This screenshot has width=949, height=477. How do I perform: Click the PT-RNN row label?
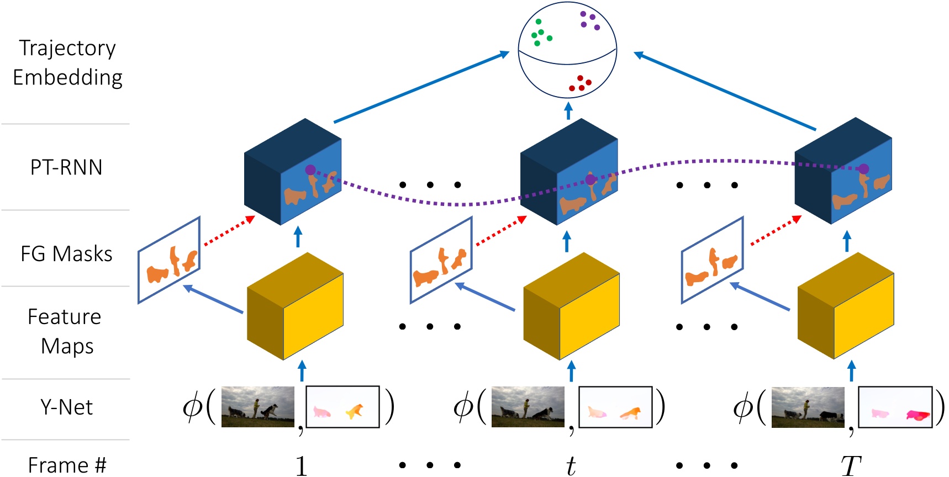point(66,167)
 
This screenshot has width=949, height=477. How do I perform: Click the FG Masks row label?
point(66,254)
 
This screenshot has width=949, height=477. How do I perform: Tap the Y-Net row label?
point(66,407)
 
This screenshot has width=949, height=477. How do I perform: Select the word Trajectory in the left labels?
point(67,49)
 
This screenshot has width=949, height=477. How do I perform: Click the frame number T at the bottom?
point(851,465)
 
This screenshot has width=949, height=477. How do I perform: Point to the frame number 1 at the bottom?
point(301,465)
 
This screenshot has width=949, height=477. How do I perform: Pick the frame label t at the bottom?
point(571,465)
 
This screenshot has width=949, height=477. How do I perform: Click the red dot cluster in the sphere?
point(580,84)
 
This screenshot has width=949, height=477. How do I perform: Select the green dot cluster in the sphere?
point(540,34)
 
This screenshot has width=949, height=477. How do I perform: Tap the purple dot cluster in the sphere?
point(589,20)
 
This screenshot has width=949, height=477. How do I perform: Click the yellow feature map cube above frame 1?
point(295,306)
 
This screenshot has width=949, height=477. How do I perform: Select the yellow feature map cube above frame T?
point(846,306)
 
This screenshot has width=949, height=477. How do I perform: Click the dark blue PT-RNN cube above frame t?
point(569,171)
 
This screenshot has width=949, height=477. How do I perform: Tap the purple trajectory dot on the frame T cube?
point(863,169)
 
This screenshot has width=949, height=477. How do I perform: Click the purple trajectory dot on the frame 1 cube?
point(310,170)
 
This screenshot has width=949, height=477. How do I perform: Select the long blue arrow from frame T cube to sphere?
point(725,91)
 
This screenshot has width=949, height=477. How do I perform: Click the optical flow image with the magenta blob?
point(895,407)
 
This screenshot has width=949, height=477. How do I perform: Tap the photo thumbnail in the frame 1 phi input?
point(258,407)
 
